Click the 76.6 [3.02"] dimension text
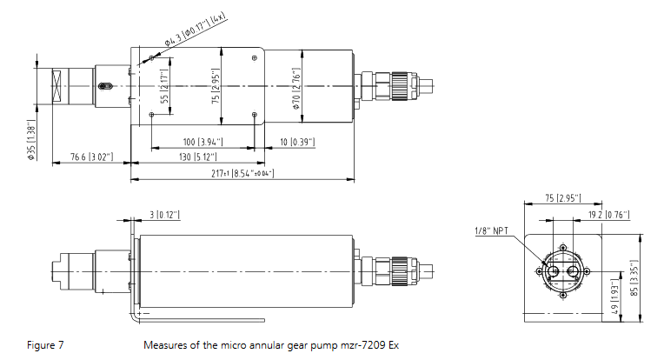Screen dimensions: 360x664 click(94, 157)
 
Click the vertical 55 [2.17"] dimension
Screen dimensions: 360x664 click(163, 86)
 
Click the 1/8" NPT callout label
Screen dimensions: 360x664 click(491, 230)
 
